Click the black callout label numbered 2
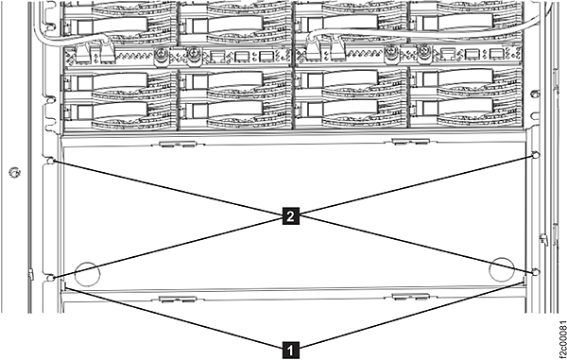[290, 216]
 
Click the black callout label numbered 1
[290, 350]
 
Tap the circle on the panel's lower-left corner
[87, 273]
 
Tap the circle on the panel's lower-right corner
[502, 269]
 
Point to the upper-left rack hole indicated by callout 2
[51, 161]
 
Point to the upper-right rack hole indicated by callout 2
[536, 155]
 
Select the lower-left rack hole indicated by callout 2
[51, 278]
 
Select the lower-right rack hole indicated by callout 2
[536, 272]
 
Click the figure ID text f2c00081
[561, 339]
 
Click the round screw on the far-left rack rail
[14, 172]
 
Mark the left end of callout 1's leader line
[65, 287]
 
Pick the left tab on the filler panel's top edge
[178, 144]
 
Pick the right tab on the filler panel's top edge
[411, 142]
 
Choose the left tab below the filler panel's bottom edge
[178, 299]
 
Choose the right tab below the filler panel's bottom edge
[411, 297]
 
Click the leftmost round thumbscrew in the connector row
[162, 56]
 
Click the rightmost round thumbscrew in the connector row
[424, 53]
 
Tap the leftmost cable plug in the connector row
[81, 54]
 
